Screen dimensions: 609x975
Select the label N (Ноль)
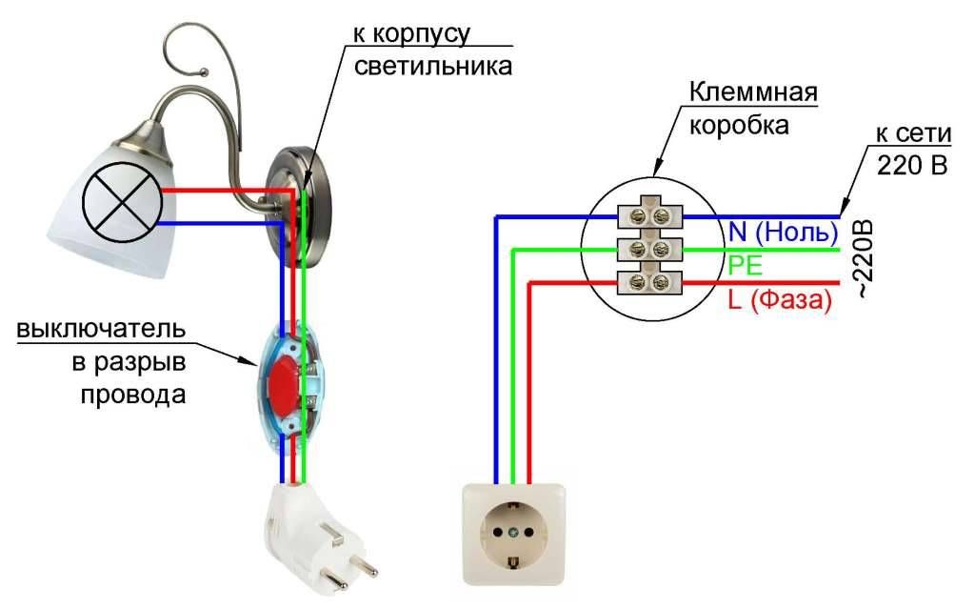coord(783,232)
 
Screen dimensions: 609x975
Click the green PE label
coord(745,265)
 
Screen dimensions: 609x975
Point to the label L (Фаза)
coord(780,300)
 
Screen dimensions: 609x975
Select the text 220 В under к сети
coord(913,163)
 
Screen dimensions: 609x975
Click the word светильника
coord(432,66)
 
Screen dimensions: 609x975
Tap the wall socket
coord(514,532)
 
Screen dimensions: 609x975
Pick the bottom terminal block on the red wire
coord(650,282)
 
